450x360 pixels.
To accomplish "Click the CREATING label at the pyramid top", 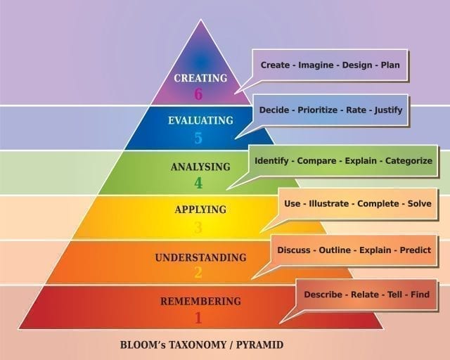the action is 200,78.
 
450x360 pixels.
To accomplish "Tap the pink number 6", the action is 198,94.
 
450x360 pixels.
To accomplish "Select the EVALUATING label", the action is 200,120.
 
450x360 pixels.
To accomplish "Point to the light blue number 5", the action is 198,138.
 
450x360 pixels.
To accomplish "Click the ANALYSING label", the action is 200,167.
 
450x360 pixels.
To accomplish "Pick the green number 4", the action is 198,183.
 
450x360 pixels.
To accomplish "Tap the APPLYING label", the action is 200,210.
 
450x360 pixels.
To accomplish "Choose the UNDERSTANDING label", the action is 200,257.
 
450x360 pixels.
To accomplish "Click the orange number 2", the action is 198,272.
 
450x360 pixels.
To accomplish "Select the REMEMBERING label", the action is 200,302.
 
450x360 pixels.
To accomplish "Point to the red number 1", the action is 198,318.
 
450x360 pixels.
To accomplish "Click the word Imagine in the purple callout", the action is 316,65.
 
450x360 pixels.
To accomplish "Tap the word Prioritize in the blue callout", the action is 317,110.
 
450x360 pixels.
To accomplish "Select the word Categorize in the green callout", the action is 409,161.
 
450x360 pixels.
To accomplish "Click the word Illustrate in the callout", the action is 329,203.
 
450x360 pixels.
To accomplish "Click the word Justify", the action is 388,110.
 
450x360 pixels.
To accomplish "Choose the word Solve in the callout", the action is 420,203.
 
